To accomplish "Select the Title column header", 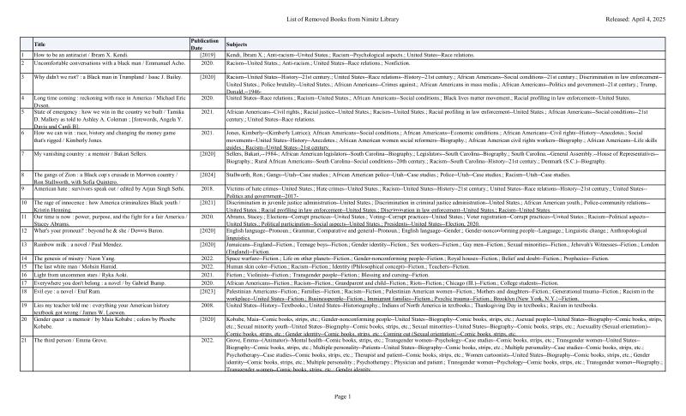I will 39,43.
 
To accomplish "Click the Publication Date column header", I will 204,43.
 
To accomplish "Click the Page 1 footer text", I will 343,396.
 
